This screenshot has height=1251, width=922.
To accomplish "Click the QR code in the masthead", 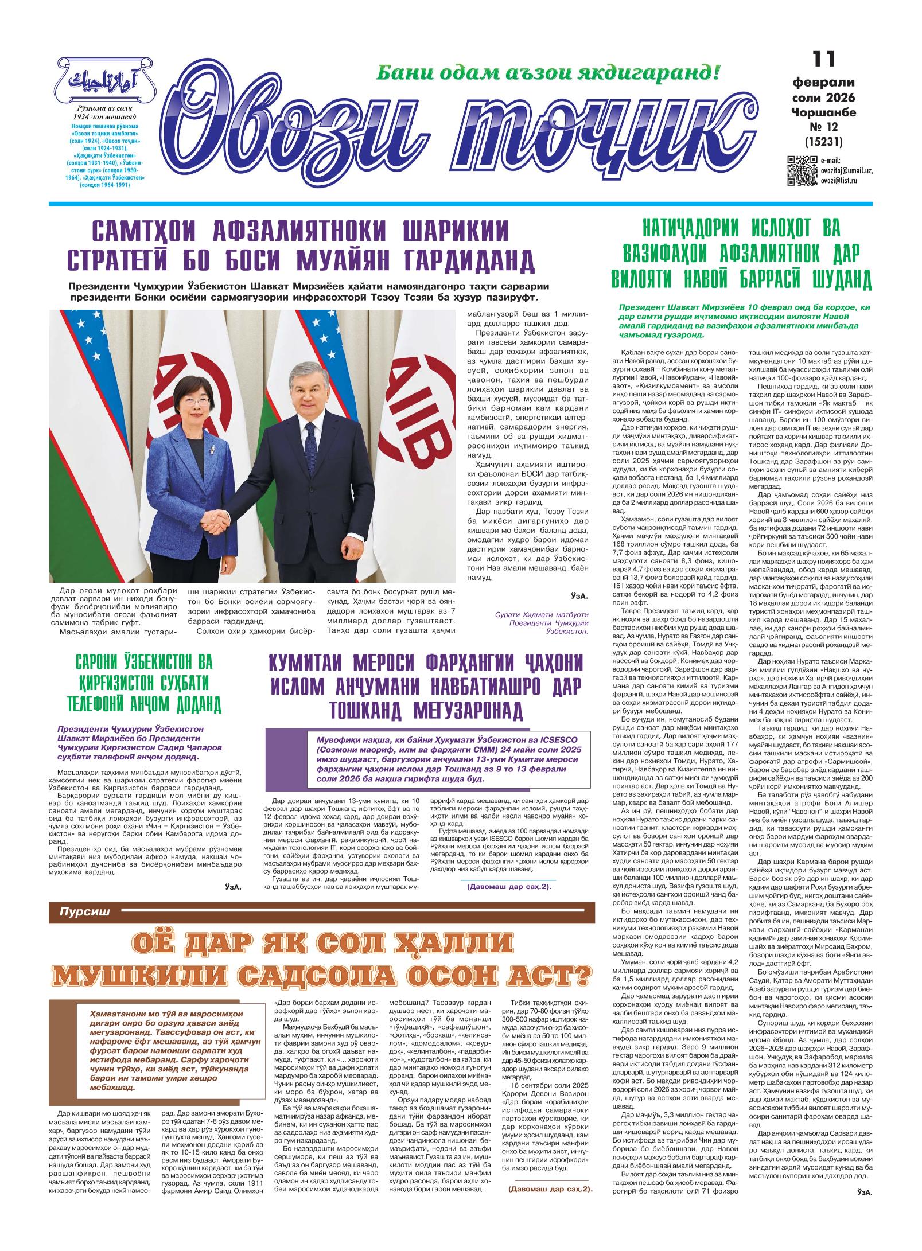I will [802, 170].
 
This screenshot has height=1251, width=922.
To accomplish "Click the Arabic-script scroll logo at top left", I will [104, 80].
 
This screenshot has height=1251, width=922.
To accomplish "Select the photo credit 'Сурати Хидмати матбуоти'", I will [542, 614].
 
